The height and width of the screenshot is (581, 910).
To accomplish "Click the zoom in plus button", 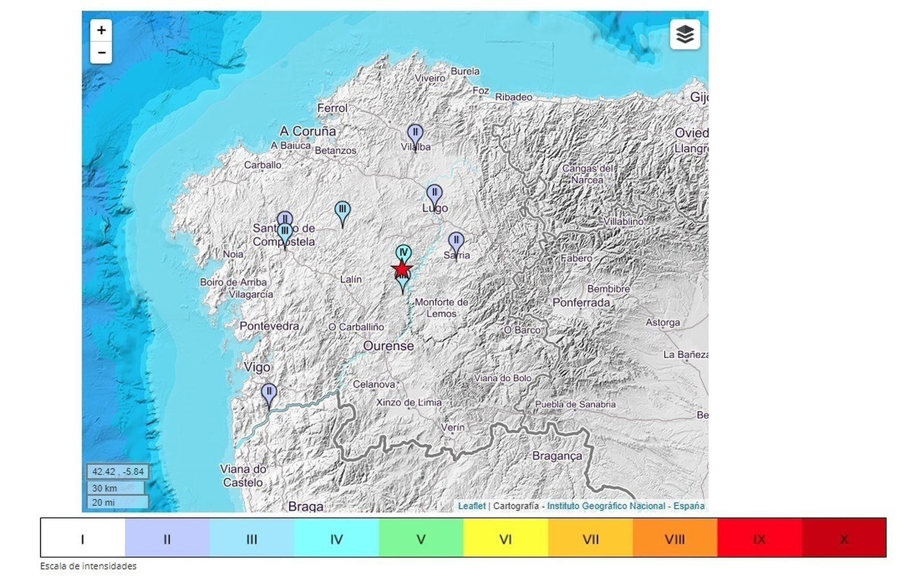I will (x=101, y=30).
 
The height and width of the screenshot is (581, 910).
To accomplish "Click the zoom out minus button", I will (x=101, y=53).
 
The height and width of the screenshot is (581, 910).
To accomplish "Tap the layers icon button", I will (x=685, y=35).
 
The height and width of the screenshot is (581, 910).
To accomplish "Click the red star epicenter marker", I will (x=402, y=269).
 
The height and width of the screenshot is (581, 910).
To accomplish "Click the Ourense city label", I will (x=388, y=346).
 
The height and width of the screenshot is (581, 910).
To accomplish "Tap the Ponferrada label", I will (x=581, y=303).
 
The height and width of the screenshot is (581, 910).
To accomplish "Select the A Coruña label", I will (x=308, y=131).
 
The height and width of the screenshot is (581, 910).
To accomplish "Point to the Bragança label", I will (x=557, y=456).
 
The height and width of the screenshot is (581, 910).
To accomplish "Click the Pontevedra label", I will (x=269, y=326).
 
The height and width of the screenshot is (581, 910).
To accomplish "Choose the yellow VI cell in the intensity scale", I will (x=506, y=538).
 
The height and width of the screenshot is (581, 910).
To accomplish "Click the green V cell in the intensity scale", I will (x=421, y=538).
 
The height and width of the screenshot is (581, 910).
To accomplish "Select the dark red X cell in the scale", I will (x=843, y=538).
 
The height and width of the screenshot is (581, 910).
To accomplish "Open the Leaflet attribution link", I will (x=471, y=506).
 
